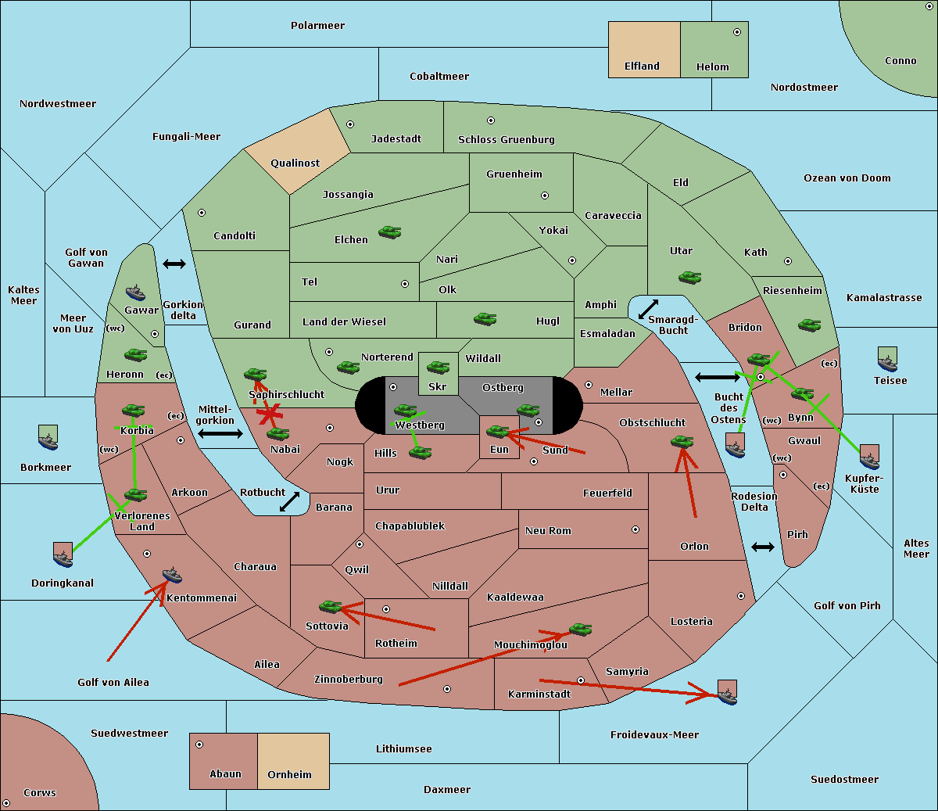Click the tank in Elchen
[390, 232]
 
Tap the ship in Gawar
[135, 293]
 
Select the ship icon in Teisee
[887, 359]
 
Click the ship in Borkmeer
[48, 437]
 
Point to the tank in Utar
[689, 278]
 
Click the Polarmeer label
[317, 26]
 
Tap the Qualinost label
[295, 163]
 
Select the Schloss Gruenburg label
[507, 139]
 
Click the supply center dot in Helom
[737, 32]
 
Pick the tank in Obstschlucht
[682, 441]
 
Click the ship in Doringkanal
[63, 554]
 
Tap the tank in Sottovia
[331, 606]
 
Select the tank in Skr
[439, 367]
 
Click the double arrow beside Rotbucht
[289, 501]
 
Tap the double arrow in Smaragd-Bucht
[648, 309]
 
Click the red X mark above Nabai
[270, 414]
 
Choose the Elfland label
[642, 66]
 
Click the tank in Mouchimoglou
[581, 630]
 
